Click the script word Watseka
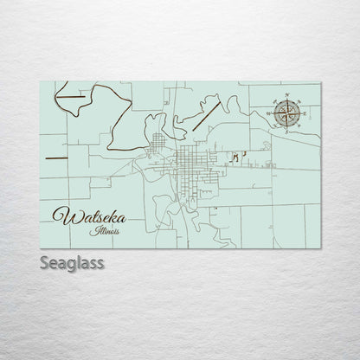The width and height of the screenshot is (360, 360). [x=85, y=214]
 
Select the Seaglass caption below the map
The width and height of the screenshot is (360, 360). [x=72, y=262]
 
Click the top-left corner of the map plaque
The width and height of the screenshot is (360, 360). [x=41, y=82]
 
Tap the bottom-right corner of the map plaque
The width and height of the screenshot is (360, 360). [x=320, y=249]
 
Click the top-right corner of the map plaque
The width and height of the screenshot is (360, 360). [x=320, y=82]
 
